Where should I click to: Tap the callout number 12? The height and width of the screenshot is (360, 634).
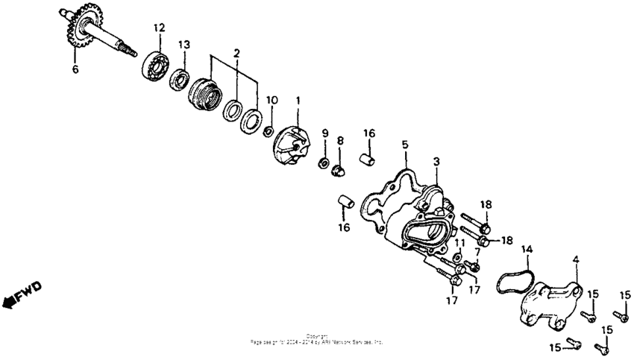click(158, 28)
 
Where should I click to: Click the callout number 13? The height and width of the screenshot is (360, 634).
click(183, 45)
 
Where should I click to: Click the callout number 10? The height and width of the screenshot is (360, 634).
click(272, 100)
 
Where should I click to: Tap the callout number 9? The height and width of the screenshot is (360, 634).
click(324, 133)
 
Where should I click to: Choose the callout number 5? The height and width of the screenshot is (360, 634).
click(405, 144)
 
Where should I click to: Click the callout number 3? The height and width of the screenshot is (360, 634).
click(437, 161)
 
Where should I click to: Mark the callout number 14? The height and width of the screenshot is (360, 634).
click(527, 248)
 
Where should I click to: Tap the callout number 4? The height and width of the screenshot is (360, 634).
click(575, 260)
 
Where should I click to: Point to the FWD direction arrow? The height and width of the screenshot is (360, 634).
click(23, 294)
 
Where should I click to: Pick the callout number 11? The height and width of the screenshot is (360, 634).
click(459, 243)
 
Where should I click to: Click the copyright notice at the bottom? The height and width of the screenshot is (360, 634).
click(317, 338)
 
